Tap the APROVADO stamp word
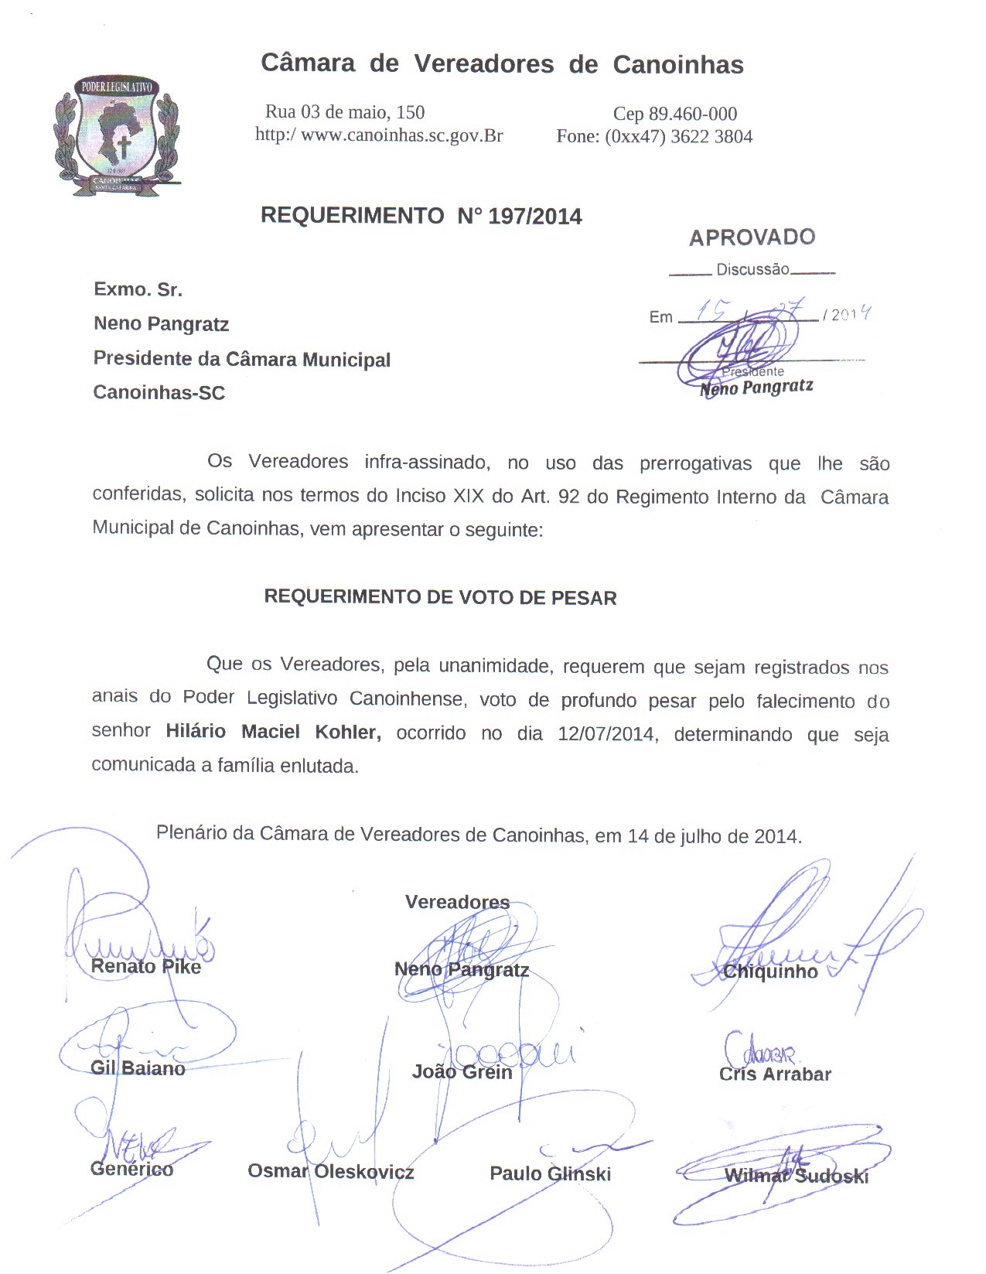tap(752, 237)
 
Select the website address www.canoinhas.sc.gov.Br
tap(401, 136)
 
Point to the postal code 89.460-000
tap(692, 114)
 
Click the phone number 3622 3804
tap(711, 137)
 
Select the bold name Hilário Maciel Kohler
tap(273, 732)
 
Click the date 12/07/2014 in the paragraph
tap(606, 733)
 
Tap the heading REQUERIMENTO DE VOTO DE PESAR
tap(440, 598)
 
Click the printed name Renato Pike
tap(145, 967)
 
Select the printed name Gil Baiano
tap(138, 1069)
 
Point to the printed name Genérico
tap(131, 1170)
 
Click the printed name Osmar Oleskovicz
tap(330, 1172)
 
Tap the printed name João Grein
tap(462, 1072)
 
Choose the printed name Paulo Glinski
tap(550, 1174)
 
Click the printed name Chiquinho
tap(770, 972)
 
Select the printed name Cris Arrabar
tap(775, 1074)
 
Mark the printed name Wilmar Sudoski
tap(796, 1177)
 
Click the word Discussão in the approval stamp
tap(752, 270)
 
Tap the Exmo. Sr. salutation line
tap(138, 290)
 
